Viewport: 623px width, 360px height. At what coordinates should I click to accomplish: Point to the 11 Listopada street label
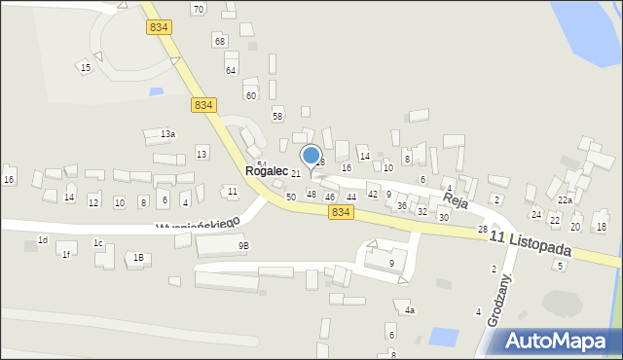coord(530,243)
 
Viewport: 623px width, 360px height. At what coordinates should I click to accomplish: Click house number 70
coord(198,10)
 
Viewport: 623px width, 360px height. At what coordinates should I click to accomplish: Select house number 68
coord(220,41)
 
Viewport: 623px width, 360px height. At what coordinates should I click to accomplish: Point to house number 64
coord(231,70)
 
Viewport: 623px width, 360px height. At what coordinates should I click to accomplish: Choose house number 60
coord(250,95)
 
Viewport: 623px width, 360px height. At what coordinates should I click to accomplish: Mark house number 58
coord(277,116)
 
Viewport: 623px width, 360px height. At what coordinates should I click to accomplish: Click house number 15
coord(86,67)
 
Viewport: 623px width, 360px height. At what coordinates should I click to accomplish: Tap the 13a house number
coord(168,133)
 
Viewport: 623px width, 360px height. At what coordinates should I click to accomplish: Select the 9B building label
coord(243,246)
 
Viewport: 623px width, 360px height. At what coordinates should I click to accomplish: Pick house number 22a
coord(565,199)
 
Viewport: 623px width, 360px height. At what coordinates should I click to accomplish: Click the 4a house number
coord(410,310)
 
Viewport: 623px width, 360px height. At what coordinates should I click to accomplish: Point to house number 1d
coord(42,239)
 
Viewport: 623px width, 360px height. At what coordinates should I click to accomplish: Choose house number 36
coord(402,206)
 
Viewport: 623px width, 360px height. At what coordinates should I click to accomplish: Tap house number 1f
coord(66,254)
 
